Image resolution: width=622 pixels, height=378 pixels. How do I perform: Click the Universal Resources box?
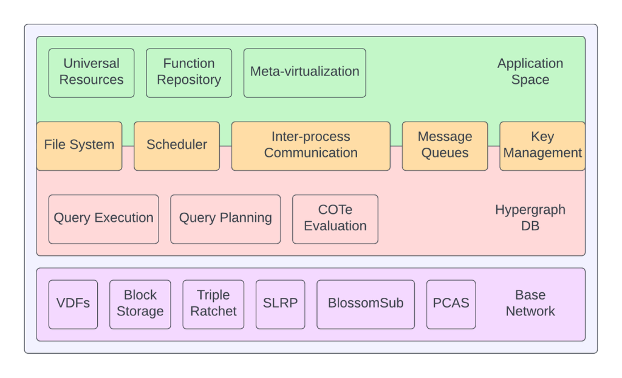click(91, 73)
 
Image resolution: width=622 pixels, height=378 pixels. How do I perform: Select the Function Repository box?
click(189, 73)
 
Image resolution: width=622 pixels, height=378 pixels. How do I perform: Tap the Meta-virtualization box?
click(305, 73)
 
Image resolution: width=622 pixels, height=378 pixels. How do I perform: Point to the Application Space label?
click(530, 72)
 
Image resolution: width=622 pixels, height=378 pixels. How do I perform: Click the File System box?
click(80, 146)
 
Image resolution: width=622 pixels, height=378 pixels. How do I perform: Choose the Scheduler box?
click(177, 146)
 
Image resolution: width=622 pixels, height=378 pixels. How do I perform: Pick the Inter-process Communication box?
click(311, 146)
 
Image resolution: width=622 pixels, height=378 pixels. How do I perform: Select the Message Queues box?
click(445, 146)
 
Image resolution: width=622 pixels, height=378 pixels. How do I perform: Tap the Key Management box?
click(542, 146)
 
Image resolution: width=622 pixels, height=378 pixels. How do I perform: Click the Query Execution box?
click(103, 219)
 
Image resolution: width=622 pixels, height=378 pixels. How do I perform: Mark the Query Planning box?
click(225, 219)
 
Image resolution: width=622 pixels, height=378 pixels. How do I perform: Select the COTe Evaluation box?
click(335, 219)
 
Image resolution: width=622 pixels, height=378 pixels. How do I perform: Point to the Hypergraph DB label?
click(530, 218)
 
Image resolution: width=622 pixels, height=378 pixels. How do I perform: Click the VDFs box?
click(73, 304)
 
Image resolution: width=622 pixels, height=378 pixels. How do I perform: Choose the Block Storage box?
click(140, 304)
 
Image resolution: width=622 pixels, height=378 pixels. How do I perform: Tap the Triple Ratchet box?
click(213, 304)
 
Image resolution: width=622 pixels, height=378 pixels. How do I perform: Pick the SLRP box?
click(281, 304)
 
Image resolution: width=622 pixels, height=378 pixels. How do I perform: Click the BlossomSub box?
click(366, 304)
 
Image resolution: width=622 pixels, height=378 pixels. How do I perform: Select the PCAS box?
click(451, 304)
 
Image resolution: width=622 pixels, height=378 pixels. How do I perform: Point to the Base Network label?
click(530, 303)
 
